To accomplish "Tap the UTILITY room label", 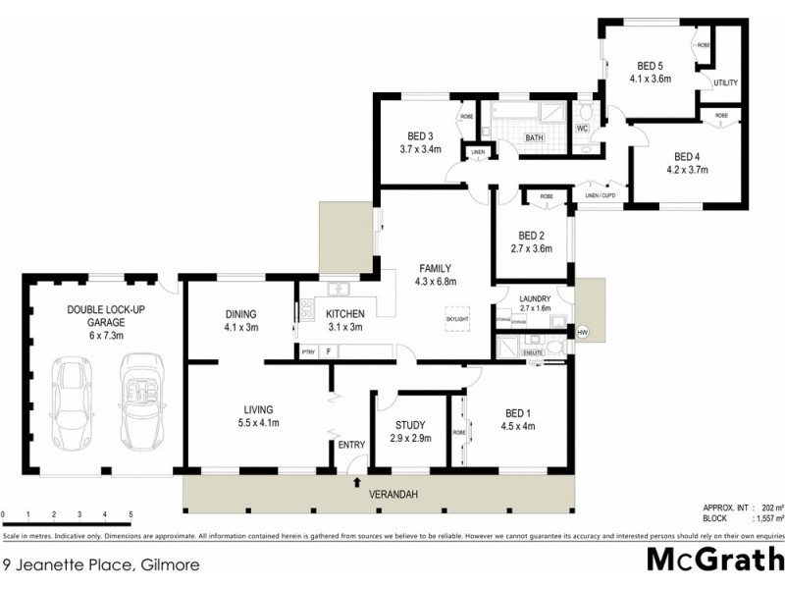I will (726, 82).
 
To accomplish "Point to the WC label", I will (582, 129).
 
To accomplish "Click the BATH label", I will (534, 138).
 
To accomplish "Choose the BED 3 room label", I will (420, 135).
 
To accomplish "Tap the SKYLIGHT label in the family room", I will (456, 320).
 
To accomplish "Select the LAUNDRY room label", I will (529, 298).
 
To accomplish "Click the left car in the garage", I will (71, 403).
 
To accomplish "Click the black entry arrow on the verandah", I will (356, 482).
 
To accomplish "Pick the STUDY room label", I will (411, 425).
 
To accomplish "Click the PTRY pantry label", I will (307, 350).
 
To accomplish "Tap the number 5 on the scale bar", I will (131, 514).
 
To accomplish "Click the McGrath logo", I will (714, 561).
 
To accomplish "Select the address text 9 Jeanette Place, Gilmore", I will (89, 564).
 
